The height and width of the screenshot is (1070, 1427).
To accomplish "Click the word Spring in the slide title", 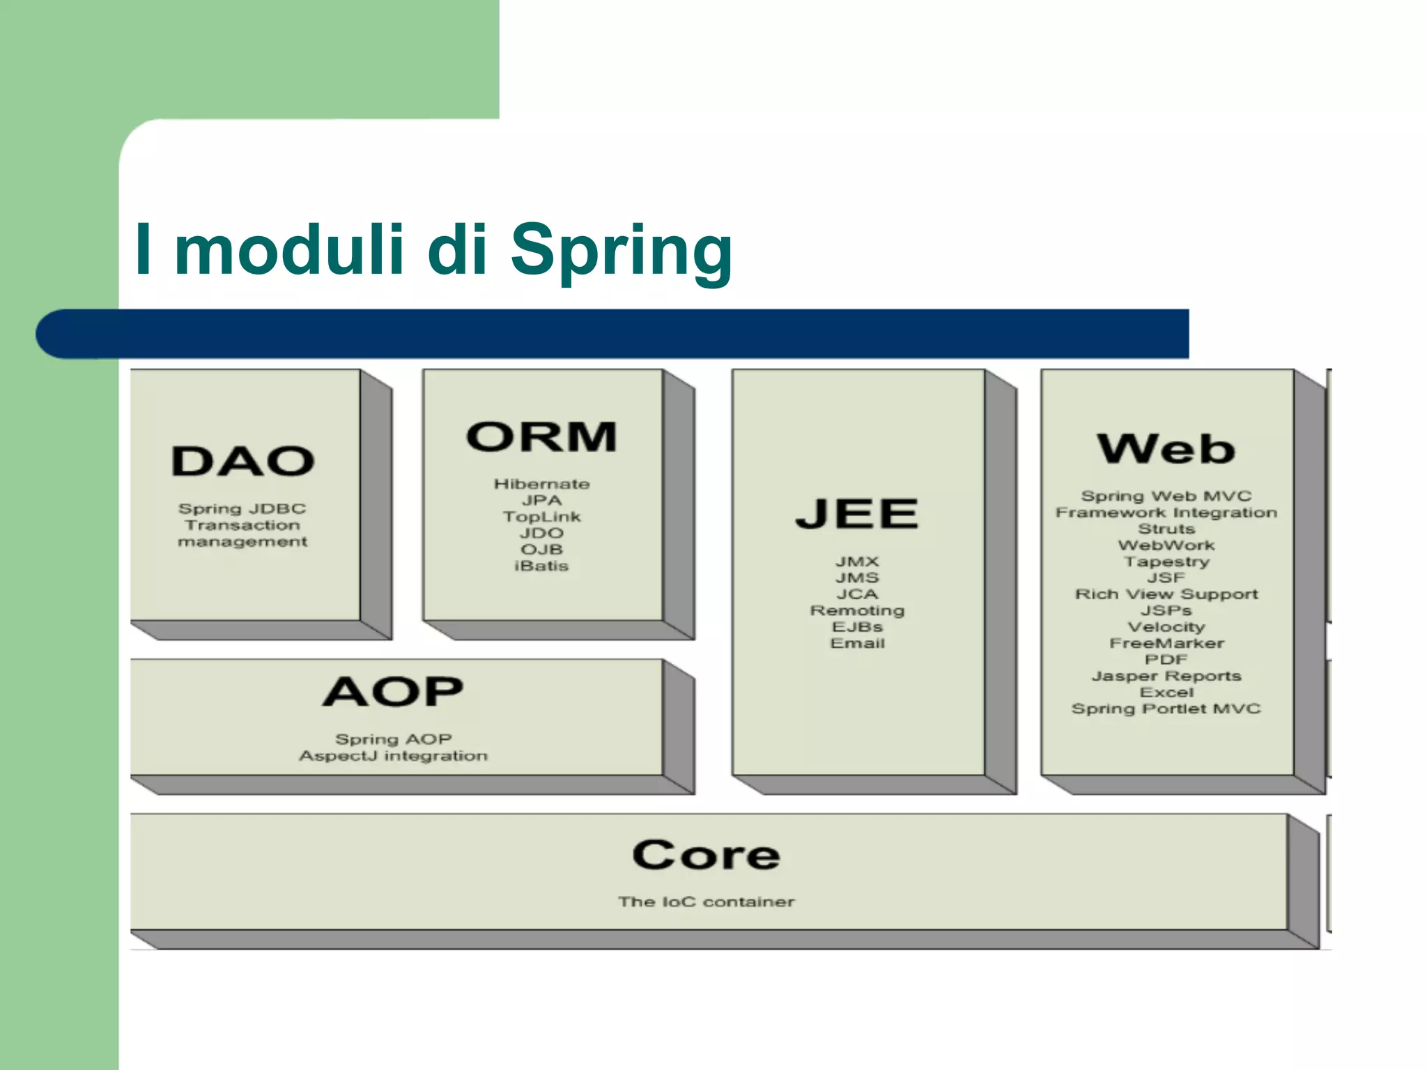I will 621,251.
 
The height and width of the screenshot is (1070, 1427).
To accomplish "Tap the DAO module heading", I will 243,462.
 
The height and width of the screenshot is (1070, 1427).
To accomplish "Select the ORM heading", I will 541,437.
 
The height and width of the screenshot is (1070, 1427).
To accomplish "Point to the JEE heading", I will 857,514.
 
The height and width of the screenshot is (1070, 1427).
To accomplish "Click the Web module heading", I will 1166,449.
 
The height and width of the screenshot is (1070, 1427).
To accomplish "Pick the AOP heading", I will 393,692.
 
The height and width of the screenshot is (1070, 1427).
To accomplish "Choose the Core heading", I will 706,855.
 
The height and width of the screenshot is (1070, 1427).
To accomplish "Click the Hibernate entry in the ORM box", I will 541,484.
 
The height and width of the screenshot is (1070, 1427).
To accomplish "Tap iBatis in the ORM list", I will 541,566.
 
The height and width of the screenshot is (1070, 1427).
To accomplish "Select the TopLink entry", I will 541,517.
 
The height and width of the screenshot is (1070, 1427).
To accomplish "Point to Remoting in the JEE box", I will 857,610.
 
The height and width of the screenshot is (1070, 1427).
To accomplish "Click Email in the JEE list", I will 857,643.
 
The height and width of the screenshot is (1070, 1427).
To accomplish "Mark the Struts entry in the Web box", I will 1166,529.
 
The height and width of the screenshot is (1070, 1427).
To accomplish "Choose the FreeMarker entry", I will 1166,643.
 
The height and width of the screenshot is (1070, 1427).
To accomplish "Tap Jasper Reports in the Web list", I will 1166,676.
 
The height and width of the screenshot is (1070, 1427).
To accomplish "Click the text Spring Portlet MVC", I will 1166,708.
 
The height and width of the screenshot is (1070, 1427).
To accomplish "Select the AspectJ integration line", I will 393,756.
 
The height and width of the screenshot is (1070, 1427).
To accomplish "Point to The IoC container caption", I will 706,901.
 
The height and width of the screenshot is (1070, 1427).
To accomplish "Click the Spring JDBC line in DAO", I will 242,509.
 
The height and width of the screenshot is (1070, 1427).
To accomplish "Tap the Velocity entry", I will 1166,627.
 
